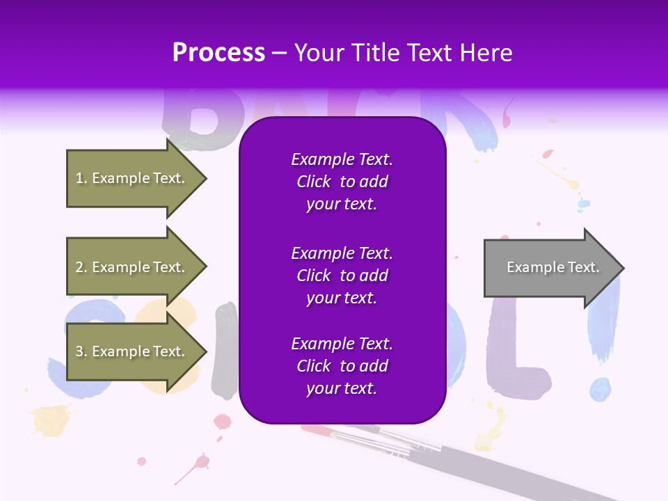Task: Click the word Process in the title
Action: click(x=218, y=52)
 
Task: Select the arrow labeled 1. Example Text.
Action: click(x=132, y=178)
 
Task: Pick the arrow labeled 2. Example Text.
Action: click(x=132, y=267)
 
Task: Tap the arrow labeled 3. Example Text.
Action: click(x=132, y=351)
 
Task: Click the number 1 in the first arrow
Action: click(x=79, y=178)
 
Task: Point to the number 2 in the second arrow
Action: click(x=79, y=267)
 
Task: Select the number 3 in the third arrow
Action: click(x=79, y=351)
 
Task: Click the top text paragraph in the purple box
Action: click(x=342, y=182)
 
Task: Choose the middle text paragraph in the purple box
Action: click(x=342, y=276)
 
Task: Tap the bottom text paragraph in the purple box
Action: click(x=342, y=366)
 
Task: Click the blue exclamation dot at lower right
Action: click(x=600, y=390)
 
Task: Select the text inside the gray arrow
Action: click(x=553, y=267)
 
